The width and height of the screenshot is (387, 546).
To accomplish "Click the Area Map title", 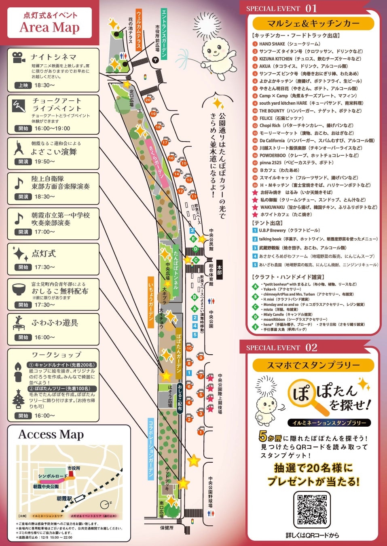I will coord(49,27).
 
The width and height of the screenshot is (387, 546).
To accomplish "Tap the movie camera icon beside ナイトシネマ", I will coord(18,57).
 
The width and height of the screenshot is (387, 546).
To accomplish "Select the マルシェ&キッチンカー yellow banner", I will coord(313,23).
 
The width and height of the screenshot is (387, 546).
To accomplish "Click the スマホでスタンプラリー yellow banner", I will coord(313,365).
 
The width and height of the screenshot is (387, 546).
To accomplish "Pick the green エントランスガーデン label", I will coord(164,34).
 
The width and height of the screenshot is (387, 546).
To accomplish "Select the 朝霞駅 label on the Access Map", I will coord(64,499).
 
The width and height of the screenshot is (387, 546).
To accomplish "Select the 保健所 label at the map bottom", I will coord(167,527).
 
